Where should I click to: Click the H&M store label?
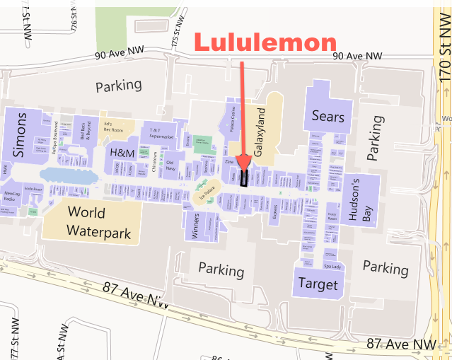tap(122, 152)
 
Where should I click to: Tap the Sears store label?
tap(328, 117)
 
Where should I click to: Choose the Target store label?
tap(318, 284)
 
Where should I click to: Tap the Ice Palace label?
tap(207, 199)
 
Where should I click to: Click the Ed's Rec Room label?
tap(112, 127)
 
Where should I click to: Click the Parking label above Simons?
tap(119, 86)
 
